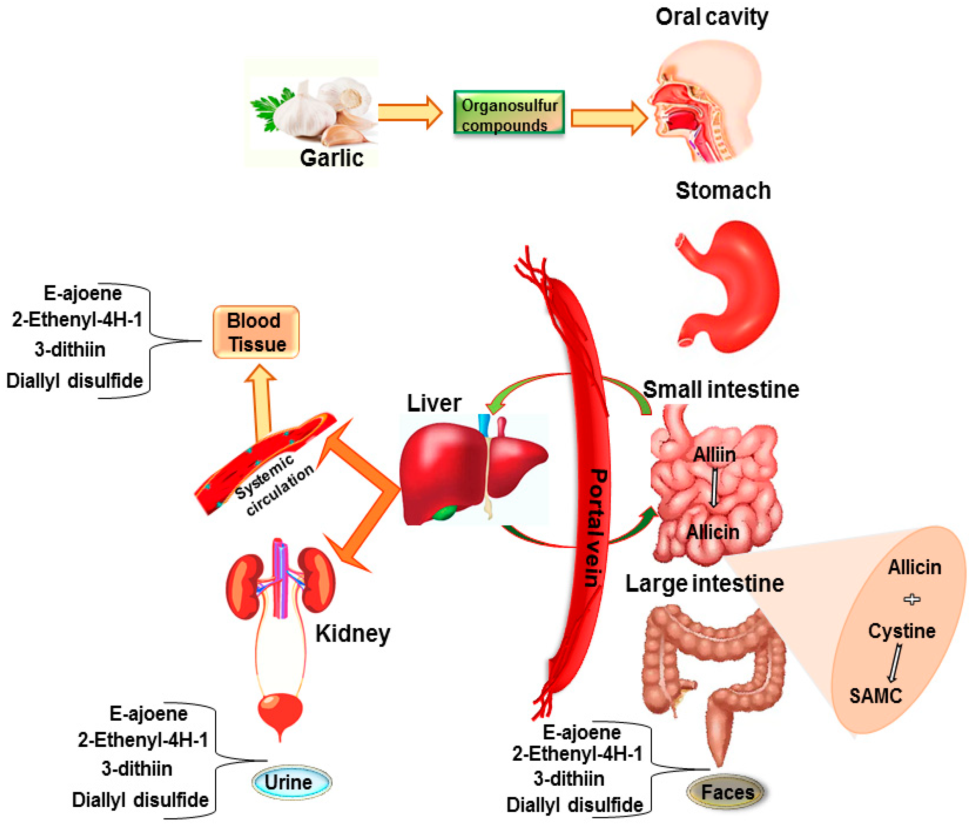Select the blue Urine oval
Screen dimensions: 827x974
291,782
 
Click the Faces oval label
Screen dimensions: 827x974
726,792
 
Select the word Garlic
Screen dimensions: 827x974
331,158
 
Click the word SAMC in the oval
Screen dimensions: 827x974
875,696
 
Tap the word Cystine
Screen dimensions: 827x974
901,631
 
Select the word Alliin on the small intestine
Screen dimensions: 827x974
714,454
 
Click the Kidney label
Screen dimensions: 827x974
353,633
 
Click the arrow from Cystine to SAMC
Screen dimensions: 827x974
894,663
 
